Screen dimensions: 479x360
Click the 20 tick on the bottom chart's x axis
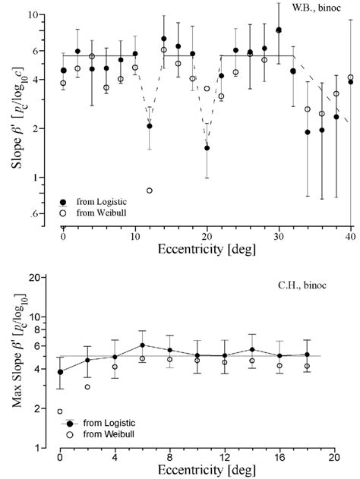click(x=333, y=459)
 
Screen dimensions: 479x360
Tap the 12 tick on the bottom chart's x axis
click(x=224, y=459)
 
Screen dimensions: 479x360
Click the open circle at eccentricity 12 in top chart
click(x=150, y=190)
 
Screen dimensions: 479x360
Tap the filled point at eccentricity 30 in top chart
click(x=279, y=30)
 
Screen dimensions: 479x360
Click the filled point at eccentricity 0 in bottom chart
click(x=60, y=372)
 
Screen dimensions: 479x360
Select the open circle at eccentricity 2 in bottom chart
click(x=87, y=387)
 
